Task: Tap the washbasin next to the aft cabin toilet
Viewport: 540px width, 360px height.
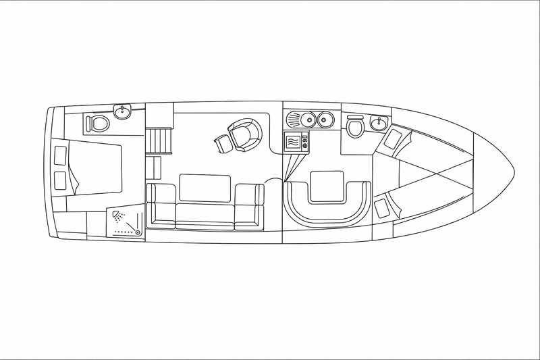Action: [124, 111]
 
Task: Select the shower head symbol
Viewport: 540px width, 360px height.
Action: [119, 216]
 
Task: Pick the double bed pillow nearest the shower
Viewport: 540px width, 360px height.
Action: [59, 180]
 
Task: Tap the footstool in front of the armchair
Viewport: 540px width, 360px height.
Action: [222, 143]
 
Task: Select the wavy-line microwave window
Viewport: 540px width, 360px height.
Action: [294, 143]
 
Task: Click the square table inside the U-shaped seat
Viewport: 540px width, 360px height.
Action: [326, 186]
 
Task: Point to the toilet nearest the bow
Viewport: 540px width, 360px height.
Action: [356, 127]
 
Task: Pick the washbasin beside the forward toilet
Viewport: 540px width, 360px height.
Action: [379, 122]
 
